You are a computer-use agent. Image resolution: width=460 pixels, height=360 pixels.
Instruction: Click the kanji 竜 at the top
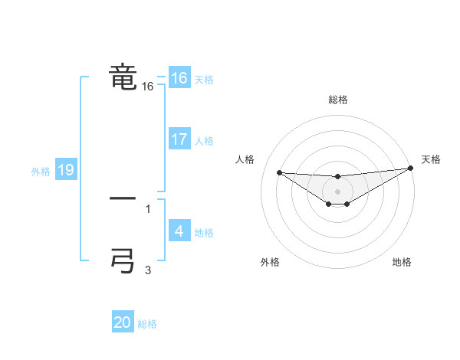[123, 77]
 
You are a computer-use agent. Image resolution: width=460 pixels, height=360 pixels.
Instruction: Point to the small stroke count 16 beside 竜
[148, 87]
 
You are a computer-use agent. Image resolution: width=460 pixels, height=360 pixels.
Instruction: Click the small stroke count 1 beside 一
[148, 208]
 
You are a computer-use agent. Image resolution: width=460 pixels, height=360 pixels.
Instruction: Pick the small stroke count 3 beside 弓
[148, 270]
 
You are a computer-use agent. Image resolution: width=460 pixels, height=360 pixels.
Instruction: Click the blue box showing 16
[179, 78]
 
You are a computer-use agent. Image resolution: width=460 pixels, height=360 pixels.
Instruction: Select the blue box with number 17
[179, 139]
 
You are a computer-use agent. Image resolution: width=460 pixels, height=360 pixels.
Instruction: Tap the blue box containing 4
[179, 231]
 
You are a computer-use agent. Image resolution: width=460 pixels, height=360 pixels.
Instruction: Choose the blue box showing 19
[65, 170]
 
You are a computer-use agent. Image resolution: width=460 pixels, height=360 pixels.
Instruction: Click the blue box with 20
[123, 323]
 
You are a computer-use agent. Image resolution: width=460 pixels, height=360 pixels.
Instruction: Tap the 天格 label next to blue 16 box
[204, 80]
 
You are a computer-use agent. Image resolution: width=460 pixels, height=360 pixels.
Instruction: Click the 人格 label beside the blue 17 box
[204, 141]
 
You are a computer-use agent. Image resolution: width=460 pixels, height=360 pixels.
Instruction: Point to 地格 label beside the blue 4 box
[204, 233]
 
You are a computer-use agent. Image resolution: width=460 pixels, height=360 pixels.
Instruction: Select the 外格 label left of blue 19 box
[41, 172]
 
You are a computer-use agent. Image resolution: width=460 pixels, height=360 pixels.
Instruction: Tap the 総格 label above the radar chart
[337, 100]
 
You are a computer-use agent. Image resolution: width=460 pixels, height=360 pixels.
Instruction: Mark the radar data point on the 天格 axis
[411, 169]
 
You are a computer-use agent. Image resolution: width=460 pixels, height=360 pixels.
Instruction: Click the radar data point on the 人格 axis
[279, 172]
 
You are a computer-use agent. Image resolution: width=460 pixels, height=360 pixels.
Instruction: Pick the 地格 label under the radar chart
[402, 262]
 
